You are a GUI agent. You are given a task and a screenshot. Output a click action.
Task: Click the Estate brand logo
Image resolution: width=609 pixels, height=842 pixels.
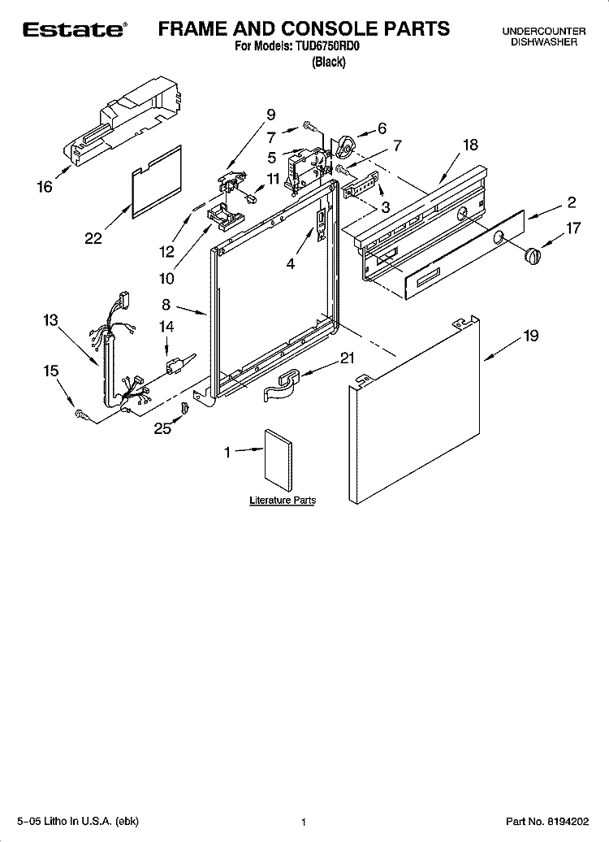point(74,30)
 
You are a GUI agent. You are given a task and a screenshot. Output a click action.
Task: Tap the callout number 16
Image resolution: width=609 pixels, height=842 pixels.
point(45,187)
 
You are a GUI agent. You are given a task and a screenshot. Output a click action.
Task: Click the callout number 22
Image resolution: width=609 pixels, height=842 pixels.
point(93,238)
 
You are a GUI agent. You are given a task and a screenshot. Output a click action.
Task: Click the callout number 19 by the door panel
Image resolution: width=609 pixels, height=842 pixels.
point(529,336)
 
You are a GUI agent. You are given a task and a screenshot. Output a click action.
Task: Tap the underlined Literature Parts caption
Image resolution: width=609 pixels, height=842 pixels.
point(282,501)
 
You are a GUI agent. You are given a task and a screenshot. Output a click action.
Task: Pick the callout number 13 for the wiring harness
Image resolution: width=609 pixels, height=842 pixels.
point(51,320)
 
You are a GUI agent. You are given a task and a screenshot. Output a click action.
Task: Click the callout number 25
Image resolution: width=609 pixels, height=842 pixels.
point(163,428)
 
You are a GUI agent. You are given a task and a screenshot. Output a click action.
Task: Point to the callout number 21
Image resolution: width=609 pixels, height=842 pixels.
point(347,358)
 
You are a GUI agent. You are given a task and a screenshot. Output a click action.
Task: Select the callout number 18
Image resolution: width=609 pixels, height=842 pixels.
point(470,145)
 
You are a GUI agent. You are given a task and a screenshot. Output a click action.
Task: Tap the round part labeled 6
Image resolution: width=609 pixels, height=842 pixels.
point(346,147)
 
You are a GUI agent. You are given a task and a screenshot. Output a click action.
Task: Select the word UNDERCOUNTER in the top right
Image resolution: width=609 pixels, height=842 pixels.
point(543,31)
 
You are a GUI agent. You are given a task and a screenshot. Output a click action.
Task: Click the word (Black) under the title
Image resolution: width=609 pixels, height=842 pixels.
point(328,62)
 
